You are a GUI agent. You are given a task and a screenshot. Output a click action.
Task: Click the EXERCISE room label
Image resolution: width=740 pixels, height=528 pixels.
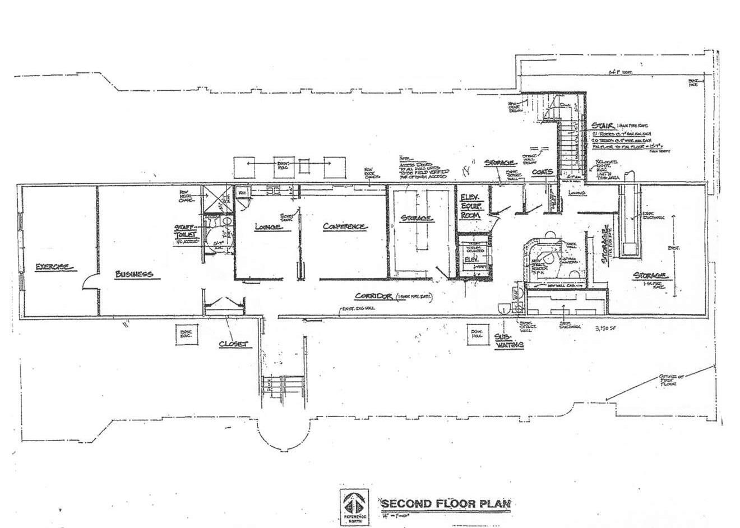tap(54, 267)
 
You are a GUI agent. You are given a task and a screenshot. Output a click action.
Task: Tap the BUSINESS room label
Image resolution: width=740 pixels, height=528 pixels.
tap(133, 274)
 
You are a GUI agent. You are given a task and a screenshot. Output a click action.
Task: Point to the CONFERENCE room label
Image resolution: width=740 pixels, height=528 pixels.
tap(345, 226)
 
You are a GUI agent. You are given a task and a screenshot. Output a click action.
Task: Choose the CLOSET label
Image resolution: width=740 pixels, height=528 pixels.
tap(233, 344)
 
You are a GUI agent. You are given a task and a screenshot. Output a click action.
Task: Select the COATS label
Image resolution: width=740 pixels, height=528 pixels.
tap(543, 172)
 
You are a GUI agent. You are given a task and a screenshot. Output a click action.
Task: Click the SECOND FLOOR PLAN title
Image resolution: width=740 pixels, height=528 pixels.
tap(446, 503)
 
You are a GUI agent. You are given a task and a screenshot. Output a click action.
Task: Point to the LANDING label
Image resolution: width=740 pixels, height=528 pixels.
tap(577, 193)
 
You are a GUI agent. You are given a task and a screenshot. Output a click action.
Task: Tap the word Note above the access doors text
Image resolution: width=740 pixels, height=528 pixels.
tap(405, 158)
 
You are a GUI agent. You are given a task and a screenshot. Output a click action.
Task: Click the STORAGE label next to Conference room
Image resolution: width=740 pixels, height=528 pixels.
tap(416, 217)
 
